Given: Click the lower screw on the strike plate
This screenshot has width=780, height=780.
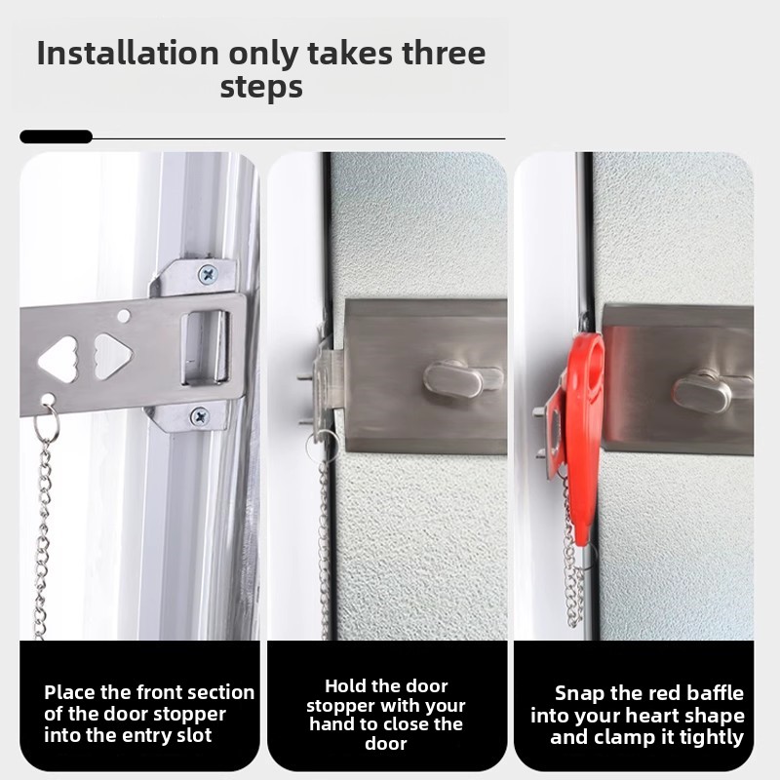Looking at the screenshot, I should pyautogui.click(x=200, y=416).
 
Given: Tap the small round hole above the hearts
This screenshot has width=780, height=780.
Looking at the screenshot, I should pyautogui.click(x=124, y=316).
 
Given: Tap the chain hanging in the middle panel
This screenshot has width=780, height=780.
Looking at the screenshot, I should pyautogui.click(x=325, y=546).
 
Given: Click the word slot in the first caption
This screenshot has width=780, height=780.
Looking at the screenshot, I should pyautogui.click(x=191, y=735).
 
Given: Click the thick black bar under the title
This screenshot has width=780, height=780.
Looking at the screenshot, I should pyautogui.click(x=56, y=137).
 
